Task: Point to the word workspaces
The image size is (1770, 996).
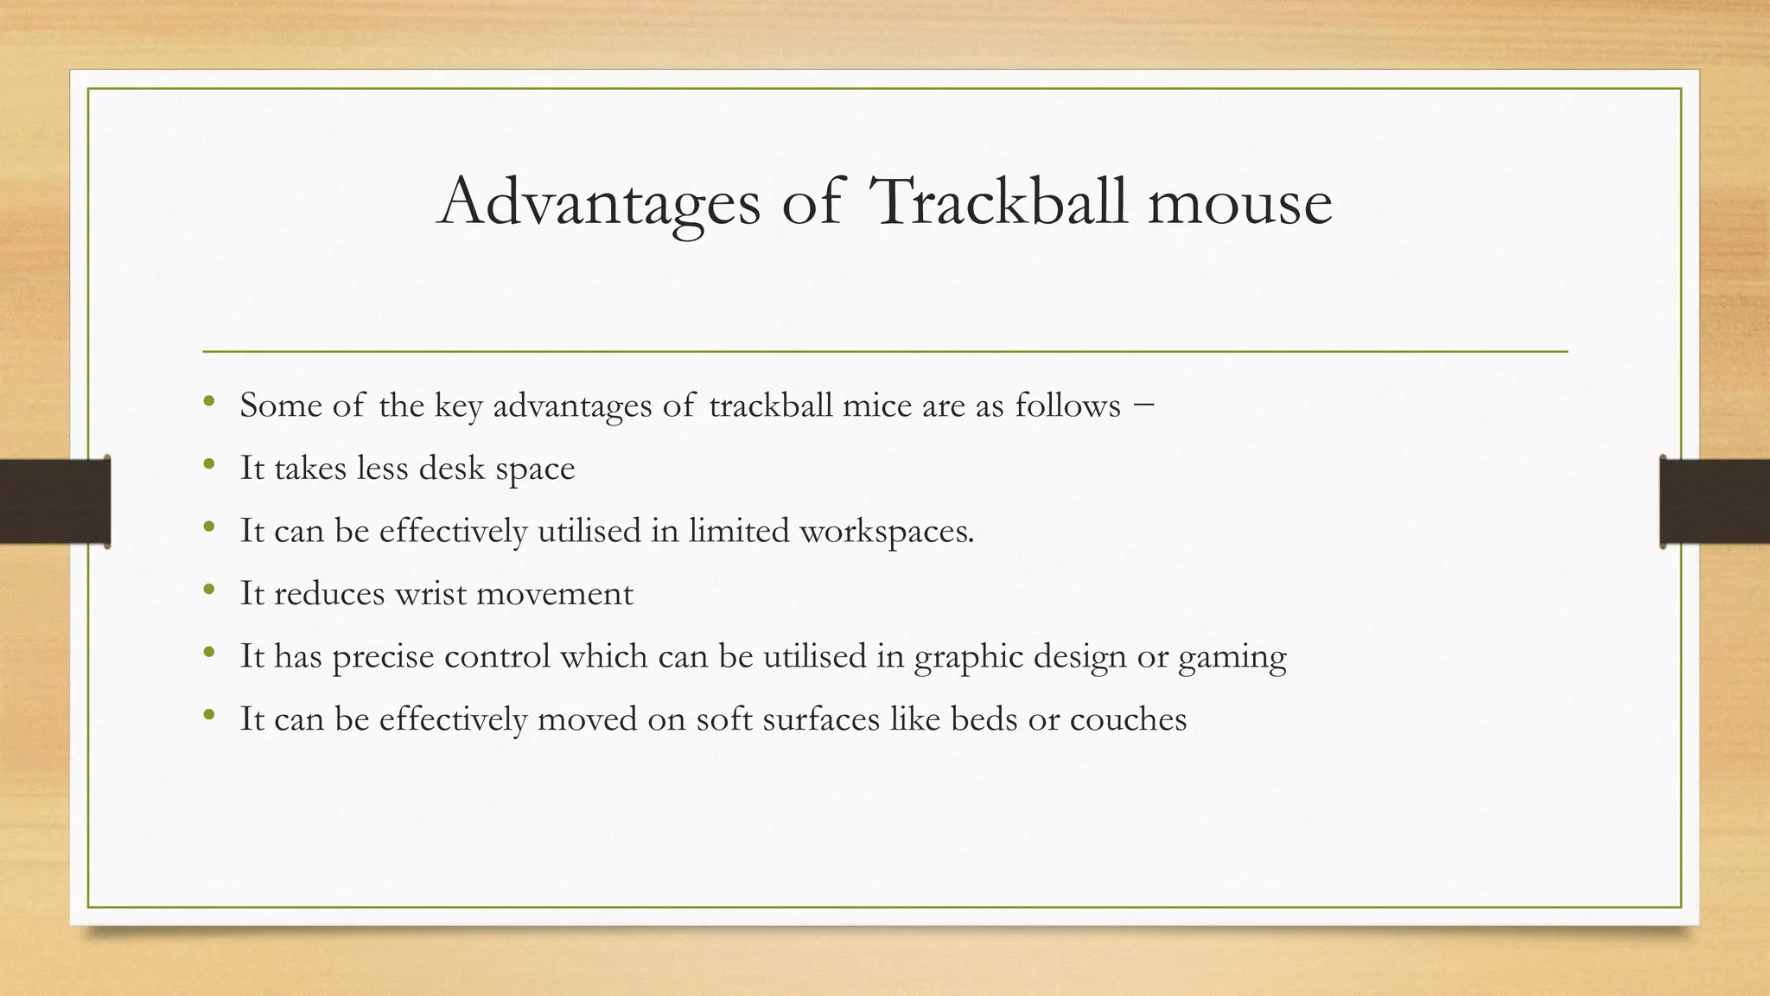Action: (x=887, y=531)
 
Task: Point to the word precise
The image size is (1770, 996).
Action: (x=383, y=658)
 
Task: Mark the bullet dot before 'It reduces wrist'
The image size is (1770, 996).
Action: (x=208, y=591)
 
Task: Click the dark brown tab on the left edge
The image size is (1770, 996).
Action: (x=54, y=501)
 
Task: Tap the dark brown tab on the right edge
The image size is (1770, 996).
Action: (x=1715, y=501)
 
